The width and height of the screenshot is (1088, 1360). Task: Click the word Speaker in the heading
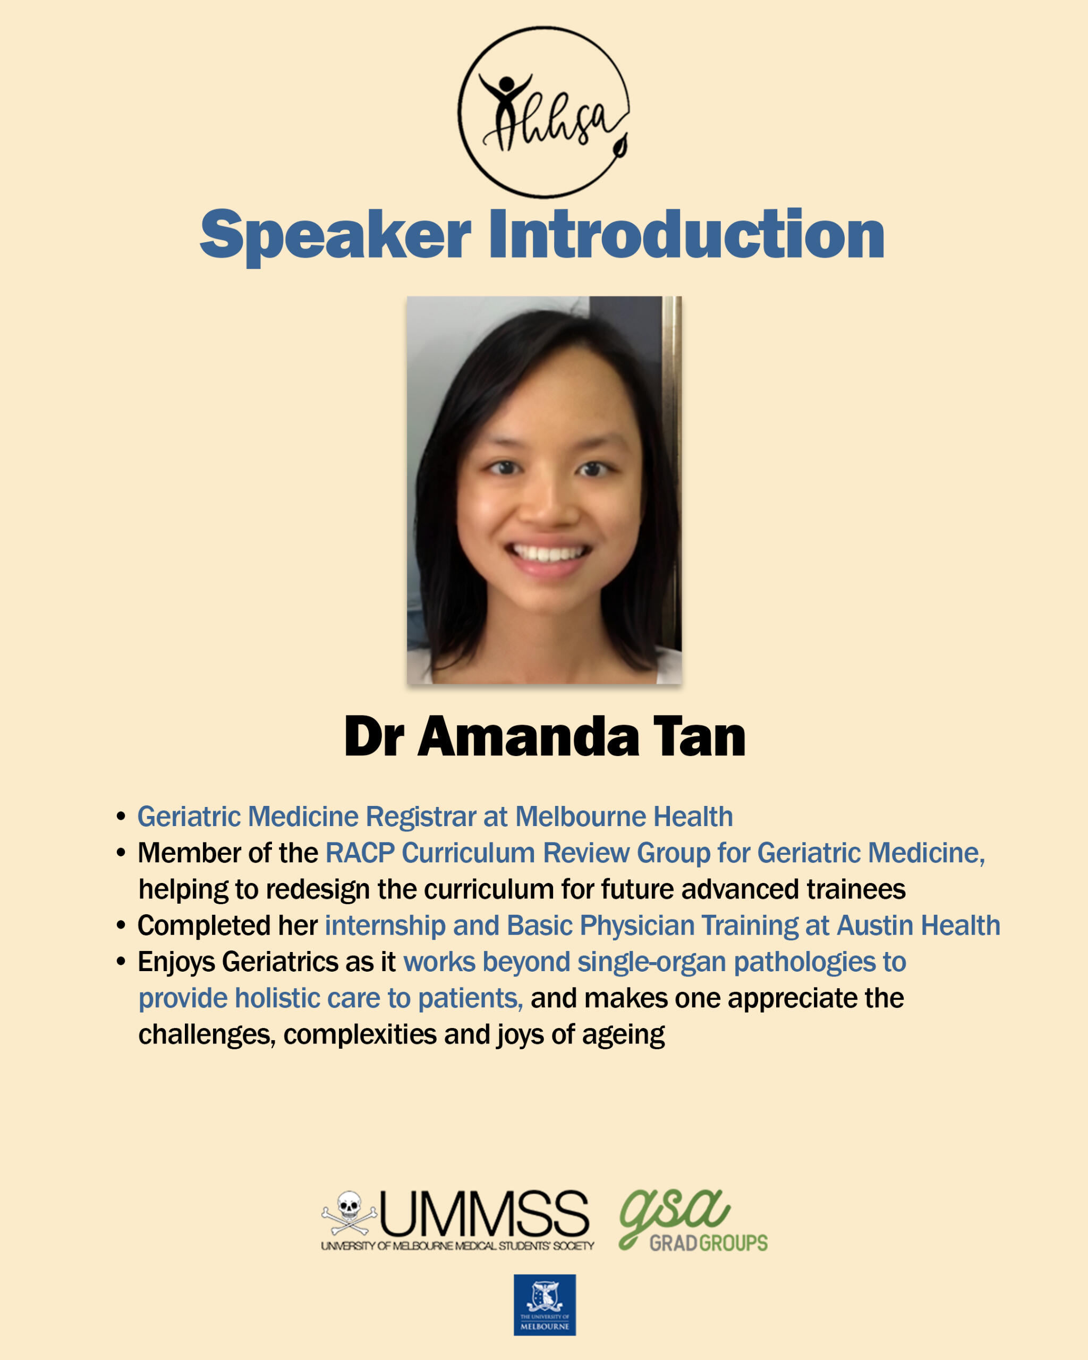coord(336,235)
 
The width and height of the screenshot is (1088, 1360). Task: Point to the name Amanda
coord(528,736)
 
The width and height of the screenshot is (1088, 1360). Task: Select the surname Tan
coord(699,736)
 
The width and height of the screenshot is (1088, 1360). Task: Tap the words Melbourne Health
coord(624,817)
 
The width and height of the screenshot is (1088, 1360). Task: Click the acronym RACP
coord(360,853)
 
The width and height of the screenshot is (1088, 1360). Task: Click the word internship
coord(385,926)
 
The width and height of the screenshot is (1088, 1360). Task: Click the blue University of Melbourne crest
coord(545,1305)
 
